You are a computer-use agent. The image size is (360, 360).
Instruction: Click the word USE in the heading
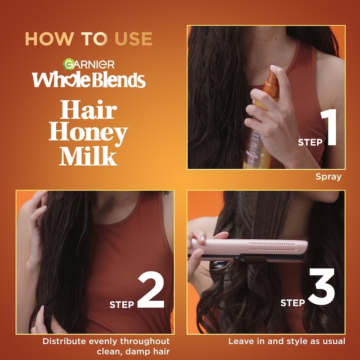click(133, 39)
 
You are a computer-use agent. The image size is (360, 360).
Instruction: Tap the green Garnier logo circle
click(69, 64)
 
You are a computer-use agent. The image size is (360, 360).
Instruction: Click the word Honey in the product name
click(88, 134)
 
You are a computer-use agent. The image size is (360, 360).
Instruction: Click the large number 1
click(329, 127)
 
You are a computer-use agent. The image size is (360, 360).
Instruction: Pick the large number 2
click(151, 290)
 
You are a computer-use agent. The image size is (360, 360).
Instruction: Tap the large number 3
click(321, 287)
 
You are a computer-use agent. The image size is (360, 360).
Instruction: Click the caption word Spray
click(328, 177)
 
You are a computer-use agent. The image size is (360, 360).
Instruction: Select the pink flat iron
click(248, 250)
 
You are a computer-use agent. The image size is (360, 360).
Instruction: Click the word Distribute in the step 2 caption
click(64, 341)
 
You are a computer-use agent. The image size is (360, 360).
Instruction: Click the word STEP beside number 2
click(121, 305)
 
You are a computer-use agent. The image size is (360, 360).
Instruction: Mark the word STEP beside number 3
click(293, 302)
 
